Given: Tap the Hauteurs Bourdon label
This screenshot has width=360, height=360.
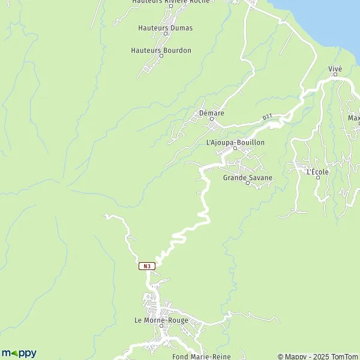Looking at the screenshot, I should click(161, 50).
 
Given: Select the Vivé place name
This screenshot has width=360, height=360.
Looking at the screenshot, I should click(335, 69).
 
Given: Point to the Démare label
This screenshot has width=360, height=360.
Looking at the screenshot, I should click(211, 112).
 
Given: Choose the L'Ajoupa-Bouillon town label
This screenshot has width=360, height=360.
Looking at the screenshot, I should click(235, 143).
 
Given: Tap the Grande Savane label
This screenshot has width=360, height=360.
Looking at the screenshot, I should click(248, 178).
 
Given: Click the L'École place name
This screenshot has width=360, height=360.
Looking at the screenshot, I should click(317, 172).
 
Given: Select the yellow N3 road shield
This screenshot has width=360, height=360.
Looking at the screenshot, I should click(147, 266).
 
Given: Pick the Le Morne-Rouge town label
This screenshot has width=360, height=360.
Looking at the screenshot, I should click(161, 320).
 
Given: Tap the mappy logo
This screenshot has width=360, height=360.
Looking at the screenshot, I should click(19, 353).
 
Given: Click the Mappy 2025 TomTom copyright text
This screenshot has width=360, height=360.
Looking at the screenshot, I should click(317, 356).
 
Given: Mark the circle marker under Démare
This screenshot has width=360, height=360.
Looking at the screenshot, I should click(211, 119).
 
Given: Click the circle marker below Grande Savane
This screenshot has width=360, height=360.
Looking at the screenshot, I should click(248, 184).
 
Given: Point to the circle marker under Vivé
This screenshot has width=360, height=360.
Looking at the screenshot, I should click(335, 75).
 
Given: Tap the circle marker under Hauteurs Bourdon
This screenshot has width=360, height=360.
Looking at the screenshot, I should click(161, 56).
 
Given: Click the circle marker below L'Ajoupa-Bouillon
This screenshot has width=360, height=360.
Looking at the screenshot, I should click(235, 149).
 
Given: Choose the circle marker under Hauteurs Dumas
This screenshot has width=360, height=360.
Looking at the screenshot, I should click(166, 34).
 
